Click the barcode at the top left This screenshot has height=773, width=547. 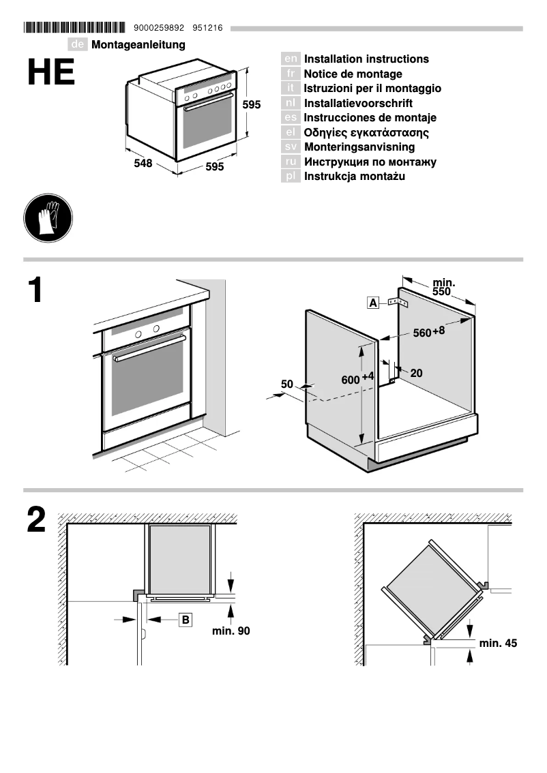[75, 28]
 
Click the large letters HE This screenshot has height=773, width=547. [51, 73]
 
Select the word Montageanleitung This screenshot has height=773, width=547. [138, 45]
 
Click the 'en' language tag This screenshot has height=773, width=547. [291, 59]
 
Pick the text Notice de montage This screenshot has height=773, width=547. [353, 74]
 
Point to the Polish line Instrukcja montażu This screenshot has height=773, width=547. [354, 177]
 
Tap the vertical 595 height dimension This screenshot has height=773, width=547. [252, 105]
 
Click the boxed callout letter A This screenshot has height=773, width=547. [373, 303]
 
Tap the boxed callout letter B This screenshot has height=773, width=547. [186, 620]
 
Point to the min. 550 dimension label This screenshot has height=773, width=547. [443, 287]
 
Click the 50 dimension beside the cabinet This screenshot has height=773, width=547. [286, 384]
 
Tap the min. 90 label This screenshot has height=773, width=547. [231, 631]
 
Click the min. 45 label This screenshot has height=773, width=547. [498, 643]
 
